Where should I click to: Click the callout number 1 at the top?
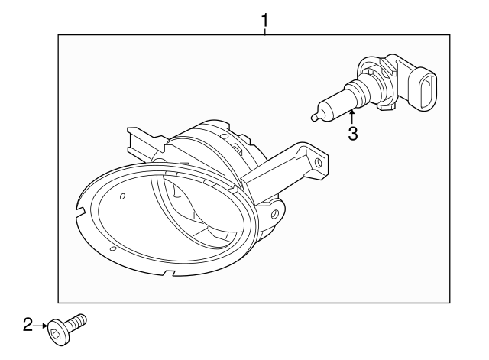pos(264,20)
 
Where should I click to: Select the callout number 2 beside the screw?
pos(28,325)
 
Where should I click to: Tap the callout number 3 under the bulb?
pos(353,134)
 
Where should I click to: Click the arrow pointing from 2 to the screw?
pos(40,325)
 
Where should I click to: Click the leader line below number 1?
pos(264,31)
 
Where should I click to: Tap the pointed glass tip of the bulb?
pos(313,117)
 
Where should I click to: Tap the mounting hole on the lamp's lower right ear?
pos(274,214)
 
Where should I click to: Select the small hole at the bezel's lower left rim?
pos(112,249)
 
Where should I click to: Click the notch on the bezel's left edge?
pos(81,209)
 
